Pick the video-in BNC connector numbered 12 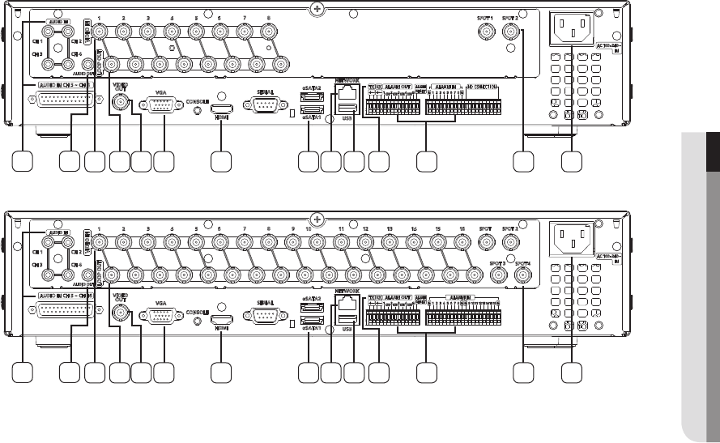tap(365, 242)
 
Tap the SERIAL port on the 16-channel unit tap(264, 317)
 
